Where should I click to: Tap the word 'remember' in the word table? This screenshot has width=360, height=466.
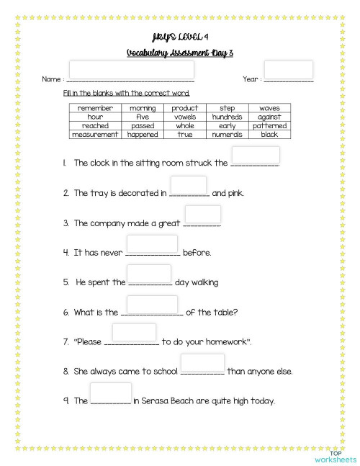pyautogui.click(x=95, y=108)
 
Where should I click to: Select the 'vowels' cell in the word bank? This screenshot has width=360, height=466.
pyautogui.click(x=184, y=117)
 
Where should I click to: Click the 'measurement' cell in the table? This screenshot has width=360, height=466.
pyautogui.click(x=95, y=134)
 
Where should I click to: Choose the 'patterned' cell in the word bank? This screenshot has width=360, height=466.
pyautogui.click(x=269, y=125)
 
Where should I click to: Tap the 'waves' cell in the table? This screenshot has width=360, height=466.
pyautogui.click(x=269, y=108)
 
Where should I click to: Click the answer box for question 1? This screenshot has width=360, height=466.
pyautogui.click(x=256, y=155)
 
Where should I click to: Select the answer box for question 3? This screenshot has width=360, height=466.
pyautogui.click(x=202, y=214)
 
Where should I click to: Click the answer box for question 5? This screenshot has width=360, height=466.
pyautogui.click(x=148, y=274)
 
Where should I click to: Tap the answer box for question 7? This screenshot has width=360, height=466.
pyautogui.click(x=134, y=332)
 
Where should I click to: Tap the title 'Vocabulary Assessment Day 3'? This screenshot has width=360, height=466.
pyautogui.click(x=179, y=53)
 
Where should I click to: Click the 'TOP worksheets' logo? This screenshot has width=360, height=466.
pyautogui.click(x=335, y=454)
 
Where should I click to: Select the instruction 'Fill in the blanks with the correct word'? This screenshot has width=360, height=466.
pyautogui.click(x=127, y=93)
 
